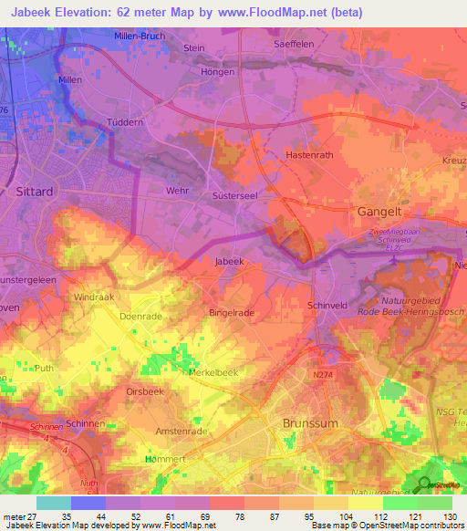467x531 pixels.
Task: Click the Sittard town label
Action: click(x=36, y=193)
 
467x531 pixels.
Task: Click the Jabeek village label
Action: click(x=229, y=261)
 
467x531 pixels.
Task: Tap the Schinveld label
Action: click(x=328, y=305)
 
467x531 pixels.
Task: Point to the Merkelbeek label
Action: click(x=213, y=372)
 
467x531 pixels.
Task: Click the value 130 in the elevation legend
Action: click(x=450, y=516)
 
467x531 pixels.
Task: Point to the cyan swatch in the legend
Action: click(x=54, y=503)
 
